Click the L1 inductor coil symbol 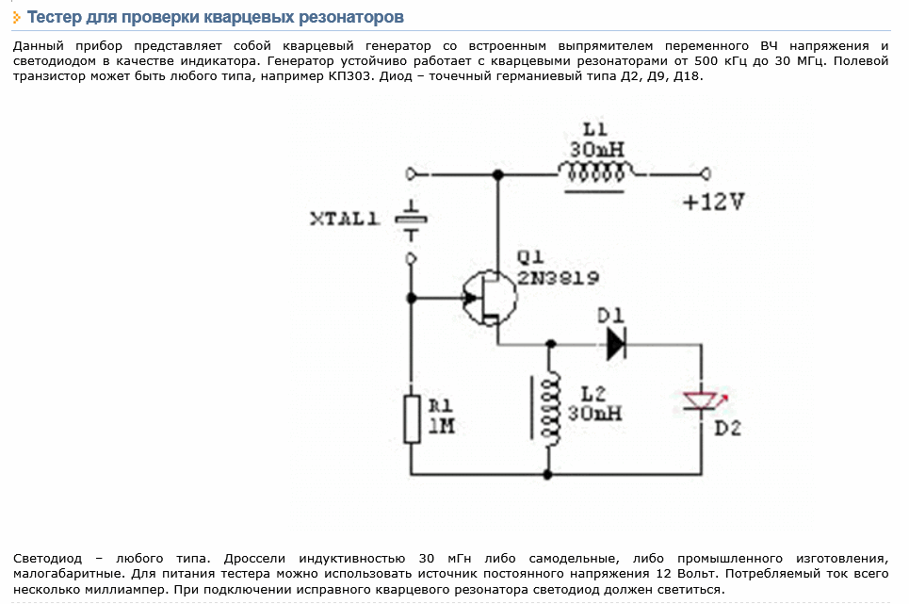pos(595,172)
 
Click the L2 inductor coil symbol pos(549,409)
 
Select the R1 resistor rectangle pos(412,419)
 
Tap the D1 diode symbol pos(616,344)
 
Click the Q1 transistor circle pos(489,298)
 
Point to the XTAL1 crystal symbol pos(411,220)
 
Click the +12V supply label pos(713,202)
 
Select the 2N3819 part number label pos(558,278)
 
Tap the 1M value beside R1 pos(441,426)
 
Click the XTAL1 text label pos(345,220)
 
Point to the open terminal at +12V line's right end pos(706,173)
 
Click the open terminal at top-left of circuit pos(411,173)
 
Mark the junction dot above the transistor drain pos(497,174)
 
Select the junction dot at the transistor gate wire pos(412,298)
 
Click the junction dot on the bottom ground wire pos(548,475)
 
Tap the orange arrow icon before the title pos(17,18)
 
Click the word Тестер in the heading pos(54,17)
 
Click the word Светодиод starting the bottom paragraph pos(47,558)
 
